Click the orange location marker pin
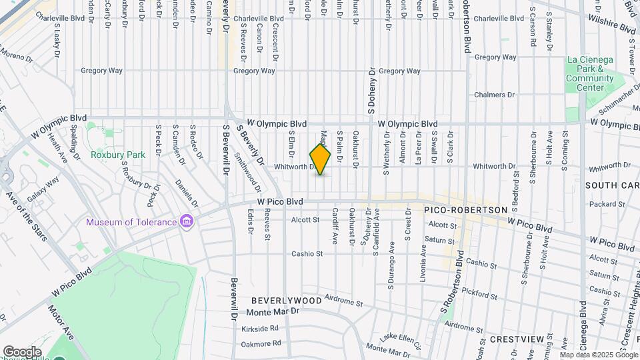tap(321, 159)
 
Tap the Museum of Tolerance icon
tap(187, 221)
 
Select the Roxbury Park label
tap(118, 155)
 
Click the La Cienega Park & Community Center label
tap(589, 73)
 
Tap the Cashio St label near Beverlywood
tap(307, 253)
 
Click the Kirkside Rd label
tap(259, 329)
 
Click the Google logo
tap(21, 351)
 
